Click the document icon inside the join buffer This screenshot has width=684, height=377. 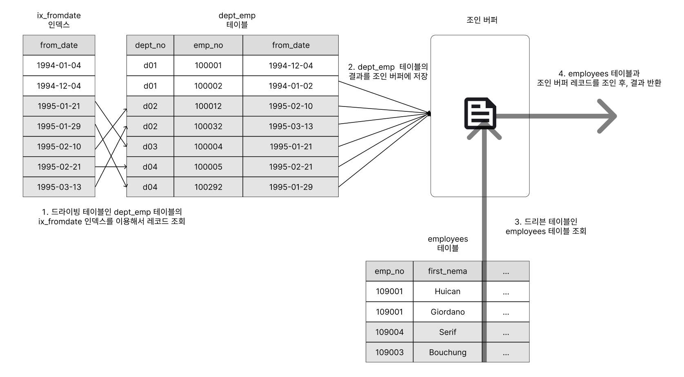coord(480,113)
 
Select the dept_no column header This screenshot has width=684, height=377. coord(150,45)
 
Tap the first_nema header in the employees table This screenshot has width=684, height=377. coord(447,271)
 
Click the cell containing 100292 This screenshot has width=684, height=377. coord(208,187)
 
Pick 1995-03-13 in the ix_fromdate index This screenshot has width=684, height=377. coord(59,187)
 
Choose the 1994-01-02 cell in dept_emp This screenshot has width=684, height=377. coord(291,86)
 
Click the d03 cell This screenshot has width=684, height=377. coord(150,146)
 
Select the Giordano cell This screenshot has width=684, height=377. coord(447,312)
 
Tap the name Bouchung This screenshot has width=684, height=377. coord(447,352)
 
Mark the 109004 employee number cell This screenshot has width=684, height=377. coord(389,332)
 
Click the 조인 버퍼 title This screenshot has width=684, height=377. coord(482,20)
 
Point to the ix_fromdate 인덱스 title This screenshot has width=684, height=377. coord(59,20)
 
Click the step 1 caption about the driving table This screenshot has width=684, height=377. coord(112,216)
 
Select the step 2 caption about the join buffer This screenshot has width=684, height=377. coord(388,71)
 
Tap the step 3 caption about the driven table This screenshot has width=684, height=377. coord(546,226)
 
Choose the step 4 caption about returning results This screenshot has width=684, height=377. coord(599,78)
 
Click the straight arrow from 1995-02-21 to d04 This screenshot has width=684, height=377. coord(111,167)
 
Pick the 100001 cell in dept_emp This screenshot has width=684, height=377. coord(208,65)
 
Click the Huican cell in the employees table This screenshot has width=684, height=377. coord(447,291)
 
